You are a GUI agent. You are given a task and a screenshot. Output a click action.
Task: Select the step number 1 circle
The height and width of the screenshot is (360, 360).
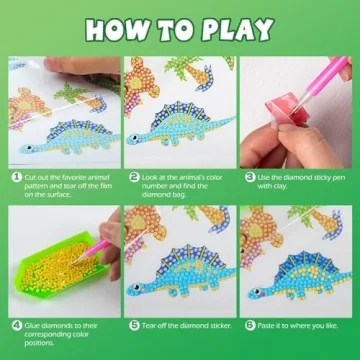point(15,175)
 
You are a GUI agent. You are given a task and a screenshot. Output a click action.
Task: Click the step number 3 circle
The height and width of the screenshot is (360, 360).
point(250,175)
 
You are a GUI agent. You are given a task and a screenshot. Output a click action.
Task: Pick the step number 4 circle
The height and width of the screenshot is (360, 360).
point(15,325)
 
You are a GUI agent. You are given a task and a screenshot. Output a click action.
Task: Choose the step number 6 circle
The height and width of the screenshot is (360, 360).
point(250,325)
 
